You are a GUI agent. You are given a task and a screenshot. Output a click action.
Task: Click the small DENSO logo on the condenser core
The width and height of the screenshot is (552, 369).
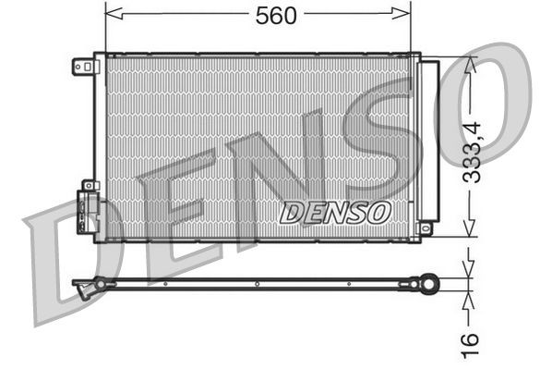(334, 213)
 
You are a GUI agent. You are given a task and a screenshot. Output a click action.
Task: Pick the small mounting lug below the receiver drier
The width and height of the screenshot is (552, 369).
(426, 228)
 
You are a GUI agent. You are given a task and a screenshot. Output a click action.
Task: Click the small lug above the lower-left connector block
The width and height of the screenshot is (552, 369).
(89, 186)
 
